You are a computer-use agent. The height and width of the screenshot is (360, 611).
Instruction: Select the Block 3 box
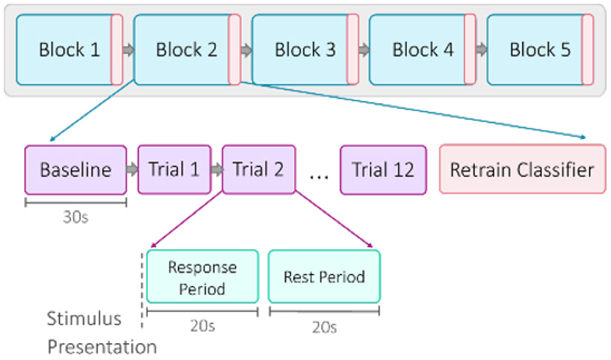point(304,50)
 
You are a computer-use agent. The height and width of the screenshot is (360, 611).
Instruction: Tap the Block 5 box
point(539,50)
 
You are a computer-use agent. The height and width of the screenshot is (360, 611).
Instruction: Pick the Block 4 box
point(423,50)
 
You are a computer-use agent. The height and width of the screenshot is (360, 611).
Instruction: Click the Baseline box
point(75,169)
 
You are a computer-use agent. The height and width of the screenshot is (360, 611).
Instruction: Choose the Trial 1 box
point(174,169)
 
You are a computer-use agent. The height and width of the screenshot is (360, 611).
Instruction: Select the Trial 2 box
point(258,169)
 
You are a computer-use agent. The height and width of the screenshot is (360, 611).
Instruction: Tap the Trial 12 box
point(383,169)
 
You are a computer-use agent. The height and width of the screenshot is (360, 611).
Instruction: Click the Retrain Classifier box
point(522,169)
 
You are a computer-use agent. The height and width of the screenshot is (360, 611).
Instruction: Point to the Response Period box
point(202,276)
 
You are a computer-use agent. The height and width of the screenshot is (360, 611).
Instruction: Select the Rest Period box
point(324,276)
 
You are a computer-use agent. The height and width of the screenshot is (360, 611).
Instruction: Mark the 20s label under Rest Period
point(324,326)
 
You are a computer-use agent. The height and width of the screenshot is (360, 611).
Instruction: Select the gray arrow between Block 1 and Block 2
point(128,50)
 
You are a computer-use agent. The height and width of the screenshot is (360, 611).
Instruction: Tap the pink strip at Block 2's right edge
point(234,50)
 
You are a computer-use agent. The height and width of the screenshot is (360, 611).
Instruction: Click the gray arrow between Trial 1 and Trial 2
point(216,169)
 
